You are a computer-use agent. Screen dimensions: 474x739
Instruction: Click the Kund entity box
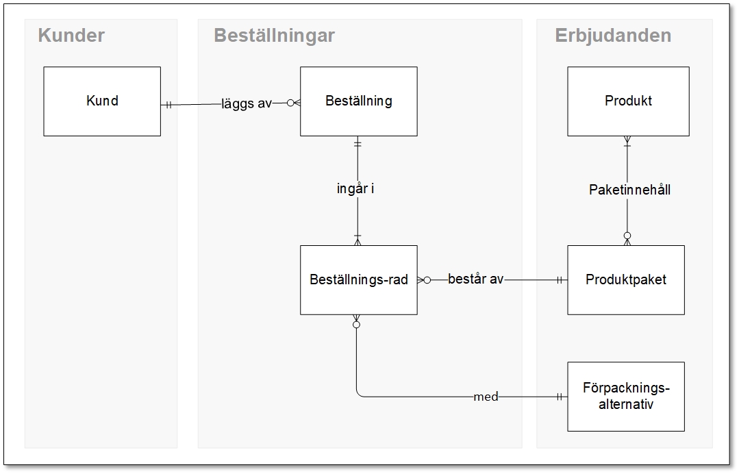(102, 101)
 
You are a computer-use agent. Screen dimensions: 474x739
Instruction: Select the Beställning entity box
(358, 101)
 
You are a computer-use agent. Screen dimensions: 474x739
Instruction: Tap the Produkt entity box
(628, 101)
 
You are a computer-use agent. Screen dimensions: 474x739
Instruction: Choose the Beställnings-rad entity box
(358, 280)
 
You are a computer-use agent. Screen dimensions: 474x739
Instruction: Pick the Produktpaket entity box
(625, 280)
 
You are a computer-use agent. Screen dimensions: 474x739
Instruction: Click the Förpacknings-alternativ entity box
(625, 397)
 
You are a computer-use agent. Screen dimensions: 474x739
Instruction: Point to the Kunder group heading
(71, 36)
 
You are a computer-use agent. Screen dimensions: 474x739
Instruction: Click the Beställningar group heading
(274, 36)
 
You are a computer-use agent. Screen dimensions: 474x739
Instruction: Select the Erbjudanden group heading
(613, 36)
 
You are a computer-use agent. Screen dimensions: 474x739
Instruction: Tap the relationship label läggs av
(247, 104)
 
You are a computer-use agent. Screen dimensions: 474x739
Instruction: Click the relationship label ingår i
(355, 189)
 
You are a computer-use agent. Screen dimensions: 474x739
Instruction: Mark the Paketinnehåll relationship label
(629, 190)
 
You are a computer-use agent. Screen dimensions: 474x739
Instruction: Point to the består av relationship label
(475, 279)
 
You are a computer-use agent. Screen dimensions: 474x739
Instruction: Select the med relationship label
(486, 397)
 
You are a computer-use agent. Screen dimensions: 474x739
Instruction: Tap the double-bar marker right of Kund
(167, 105)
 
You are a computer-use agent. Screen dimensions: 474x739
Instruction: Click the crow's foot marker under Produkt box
(627, 141)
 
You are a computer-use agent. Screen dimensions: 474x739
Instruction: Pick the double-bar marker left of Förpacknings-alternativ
(560, 397)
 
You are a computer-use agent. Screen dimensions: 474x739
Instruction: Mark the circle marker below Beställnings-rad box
(356, 324)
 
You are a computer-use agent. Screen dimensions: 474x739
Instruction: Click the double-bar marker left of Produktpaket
(560, 279)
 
